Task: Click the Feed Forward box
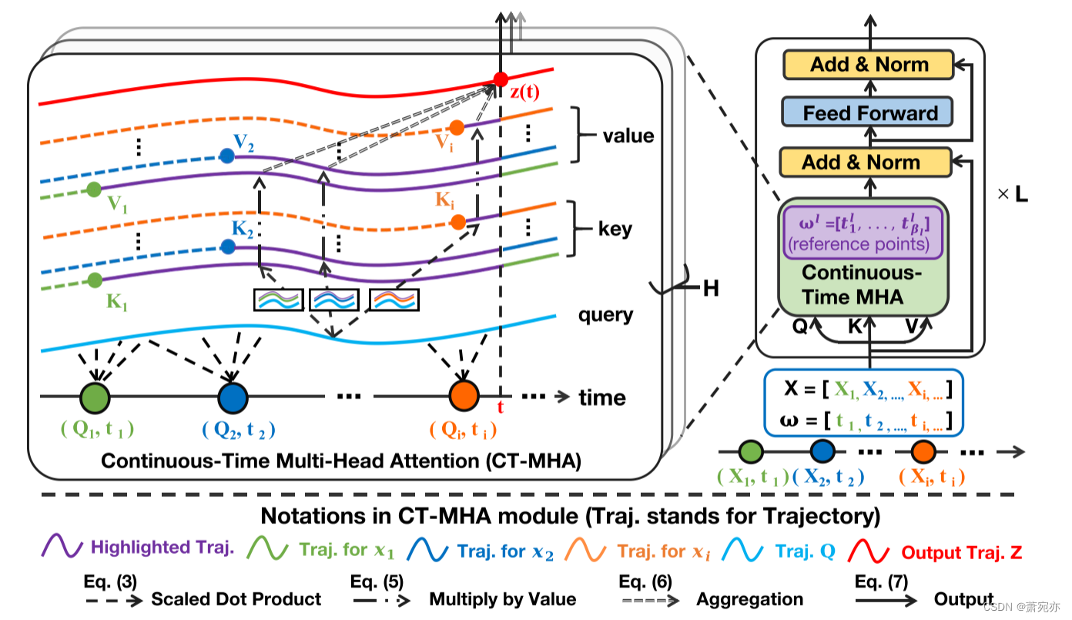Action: tap(870, 113)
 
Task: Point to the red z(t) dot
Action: tap(501, 79)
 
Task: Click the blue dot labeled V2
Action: tap(227, 156)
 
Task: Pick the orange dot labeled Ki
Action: tap(457, 223)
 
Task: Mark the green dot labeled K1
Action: tap(94, 280)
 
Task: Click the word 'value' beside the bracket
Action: tap(628, 136)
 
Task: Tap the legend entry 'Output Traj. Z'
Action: tap(962, 552)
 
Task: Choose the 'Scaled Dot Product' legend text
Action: tap(236, 598)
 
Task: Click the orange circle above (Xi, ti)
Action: tap(923, 451)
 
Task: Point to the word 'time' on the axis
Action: tap(602, 397)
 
